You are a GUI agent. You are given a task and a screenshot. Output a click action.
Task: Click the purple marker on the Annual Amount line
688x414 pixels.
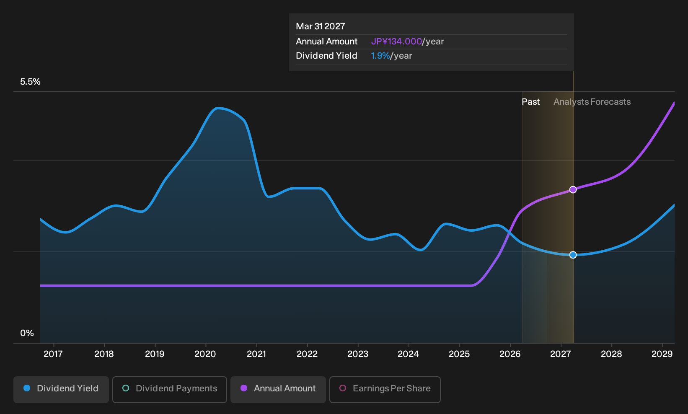point(573,189)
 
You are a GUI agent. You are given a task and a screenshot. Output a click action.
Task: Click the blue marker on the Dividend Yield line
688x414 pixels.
point(573,255)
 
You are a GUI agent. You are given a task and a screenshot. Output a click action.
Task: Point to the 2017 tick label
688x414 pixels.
point(53,354)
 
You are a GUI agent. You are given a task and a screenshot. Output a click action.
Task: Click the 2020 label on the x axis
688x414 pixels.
point(205,354)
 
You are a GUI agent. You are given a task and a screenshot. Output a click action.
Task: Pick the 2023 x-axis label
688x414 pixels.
point(357,354)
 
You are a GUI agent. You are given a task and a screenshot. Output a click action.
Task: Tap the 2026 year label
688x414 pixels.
point(510,354)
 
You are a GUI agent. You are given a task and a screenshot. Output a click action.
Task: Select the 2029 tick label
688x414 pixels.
point(662,354)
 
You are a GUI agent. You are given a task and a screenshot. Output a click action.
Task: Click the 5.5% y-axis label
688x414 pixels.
point(30,82)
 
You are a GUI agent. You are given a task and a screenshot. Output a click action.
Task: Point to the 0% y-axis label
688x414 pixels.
point(27,333)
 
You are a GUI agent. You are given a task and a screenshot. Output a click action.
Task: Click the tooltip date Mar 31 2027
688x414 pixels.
point(321,26)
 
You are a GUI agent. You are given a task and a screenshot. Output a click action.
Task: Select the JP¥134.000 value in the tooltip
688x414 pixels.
point(396,41)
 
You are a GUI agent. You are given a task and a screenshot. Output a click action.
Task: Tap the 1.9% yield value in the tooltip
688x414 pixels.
point(380,56)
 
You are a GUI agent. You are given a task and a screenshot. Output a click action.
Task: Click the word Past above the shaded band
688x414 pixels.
point(530,102)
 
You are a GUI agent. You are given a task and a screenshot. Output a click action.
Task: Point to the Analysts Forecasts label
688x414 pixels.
point(592,102)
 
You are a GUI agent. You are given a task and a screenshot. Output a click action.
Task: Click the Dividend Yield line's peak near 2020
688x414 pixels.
point(217,108)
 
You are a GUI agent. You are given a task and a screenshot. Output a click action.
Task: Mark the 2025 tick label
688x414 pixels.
point(459,354)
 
